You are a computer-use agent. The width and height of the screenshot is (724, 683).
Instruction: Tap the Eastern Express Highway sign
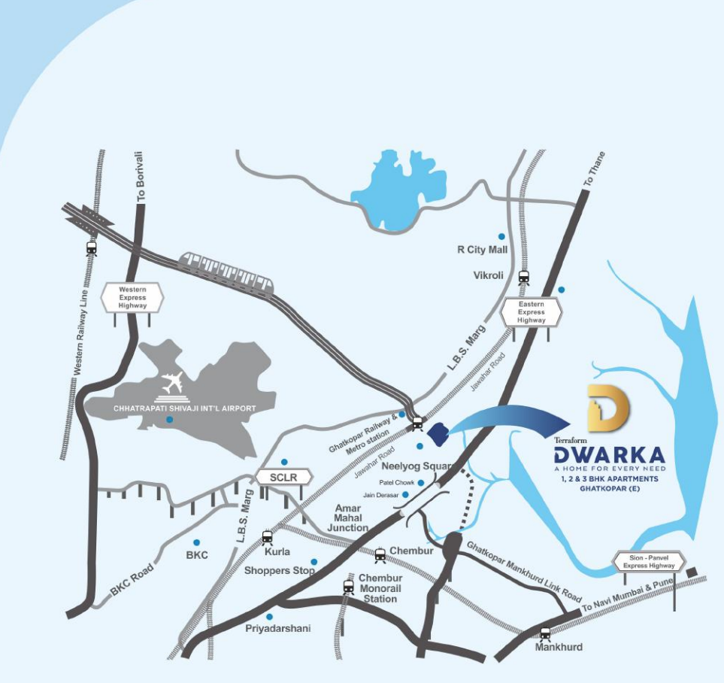click(x=532, y=311)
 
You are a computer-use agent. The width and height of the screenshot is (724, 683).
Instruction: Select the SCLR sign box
click(x=278, y=477)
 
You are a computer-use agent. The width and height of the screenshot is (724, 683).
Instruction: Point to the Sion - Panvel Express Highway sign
click(x=650, y=561)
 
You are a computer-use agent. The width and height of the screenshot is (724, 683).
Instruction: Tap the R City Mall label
click(x=483, y=250)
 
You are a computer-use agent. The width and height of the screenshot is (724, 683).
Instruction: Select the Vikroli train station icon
click(x=524, y=277)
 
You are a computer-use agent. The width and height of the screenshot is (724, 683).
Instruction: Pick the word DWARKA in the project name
click(x=609, y=455)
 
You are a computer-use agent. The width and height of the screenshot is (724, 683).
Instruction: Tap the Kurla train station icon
click(x=267, y=537)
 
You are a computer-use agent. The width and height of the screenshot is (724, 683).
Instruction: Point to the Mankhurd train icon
click(x=545, y=633)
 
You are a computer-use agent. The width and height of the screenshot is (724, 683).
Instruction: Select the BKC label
click(x=196, y=555)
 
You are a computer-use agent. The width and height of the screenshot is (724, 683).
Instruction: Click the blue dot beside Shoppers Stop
click(x=314, y=561)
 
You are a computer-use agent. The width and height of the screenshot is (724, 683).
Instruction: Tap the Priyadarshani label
click(x=277, y=628)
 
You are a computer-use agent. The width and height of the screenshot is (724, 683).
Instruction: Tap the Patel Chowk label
click(x=396, y=482)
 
